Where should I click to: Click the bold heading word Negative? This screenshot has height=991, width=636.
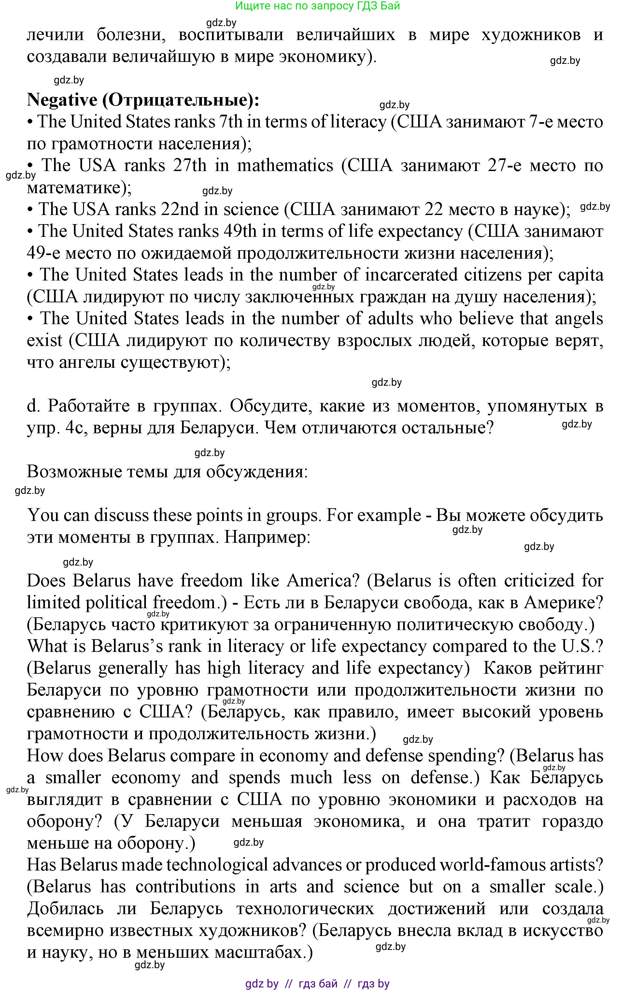[62, 100]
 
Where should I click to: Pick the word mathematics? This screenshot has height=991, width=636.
[285, 165]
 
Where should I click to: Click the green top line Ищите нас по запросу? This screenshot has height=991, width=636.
[317, 6]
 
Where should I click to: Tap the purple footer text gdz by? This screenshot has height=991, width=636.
[261, 984]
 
